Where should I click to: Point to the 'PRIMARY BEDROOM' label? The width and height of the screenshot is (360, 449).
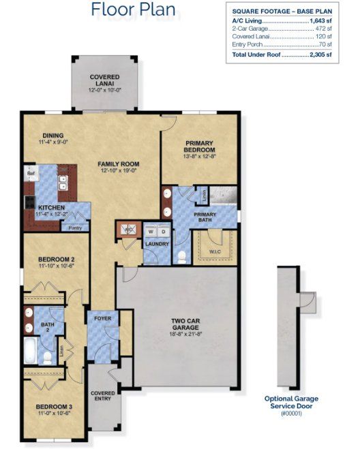199,146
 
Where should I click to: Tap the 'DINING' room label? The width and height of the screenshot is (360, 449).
52,136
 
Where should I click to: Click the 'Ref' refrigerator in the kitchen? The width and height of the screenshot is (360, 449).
31,174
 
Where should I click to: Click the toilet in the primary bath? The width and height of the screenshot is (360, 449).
182,257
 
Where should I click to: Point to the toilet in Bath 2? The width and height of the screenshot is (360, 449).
47,358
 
